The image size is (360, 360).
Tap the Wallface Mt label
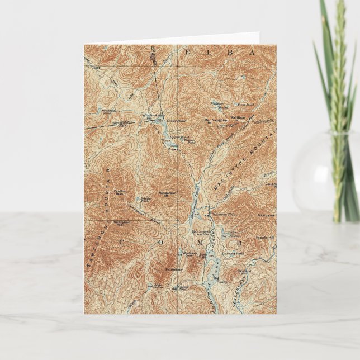pos(238,118)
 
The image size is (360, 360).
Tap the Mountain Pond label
pos(108,112)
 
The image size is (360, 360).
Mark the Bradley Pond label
pos(146,198)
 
